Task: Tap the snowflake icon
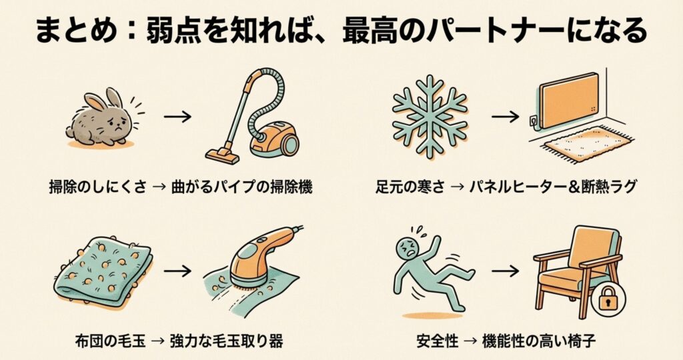click(430, 117)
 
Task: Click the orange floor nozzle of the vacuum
click(222, 155)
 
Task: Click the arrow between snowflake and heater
click(506, 117)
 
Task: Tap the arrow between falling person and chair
click(506, 271)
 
